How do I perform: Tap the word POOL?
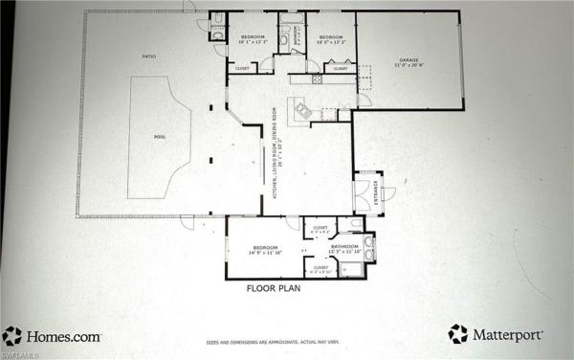[160, 137]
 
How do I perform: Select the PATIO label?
[149, 57]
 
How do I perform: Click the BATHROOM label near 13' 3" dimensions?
[344, 247]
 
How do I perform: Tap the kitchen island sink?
[304, 112]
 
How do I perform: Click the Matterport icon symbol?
[458, 334]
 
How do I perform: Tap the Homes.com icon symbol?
[11, 335]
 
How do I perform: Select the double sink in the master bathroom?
[370, 247]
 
